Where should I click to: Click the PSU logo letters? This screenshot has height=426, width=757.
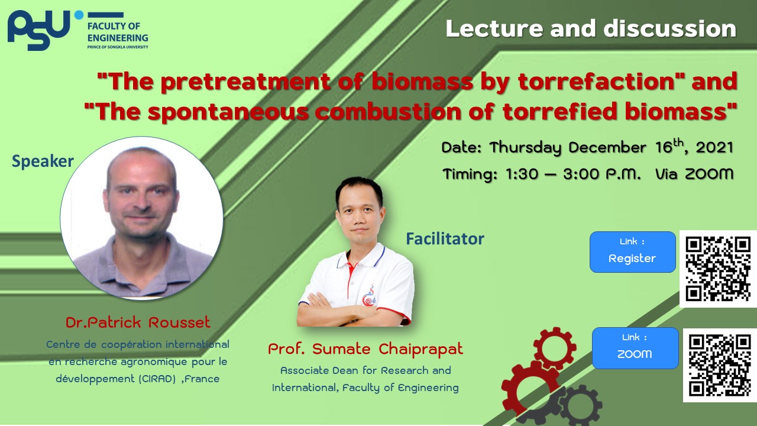point(39,30)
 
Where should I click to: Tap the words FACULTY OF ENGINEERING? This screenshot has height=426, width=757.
point(118,32)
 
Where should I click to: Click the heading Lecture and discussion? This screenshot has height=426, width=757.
point(591,28)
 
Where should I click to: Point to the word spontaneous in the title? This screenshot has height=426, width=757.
point(228,112)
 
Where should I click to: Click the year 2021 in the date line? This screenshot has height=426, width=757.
point(714,148)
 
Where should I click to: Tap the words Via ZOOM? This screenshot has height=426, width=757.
point(694,174)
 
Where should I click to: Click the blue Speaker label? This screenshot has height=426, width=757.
point(43,161)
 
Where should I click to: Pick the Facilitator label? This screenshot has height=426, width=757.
point(445,238)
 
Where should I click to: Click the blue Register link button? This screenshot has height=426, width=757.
point(633,252)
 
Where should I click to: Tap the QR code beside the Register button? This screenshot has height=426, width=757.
point(718,269)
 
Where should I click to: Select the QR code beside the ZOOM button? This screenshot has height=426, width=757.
point(720,365)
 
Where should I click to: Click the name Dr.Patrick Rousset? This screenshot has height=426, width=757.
point(138,322)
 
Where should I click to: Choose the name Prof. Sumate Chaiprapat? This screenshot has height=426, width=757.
point(365,349)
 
